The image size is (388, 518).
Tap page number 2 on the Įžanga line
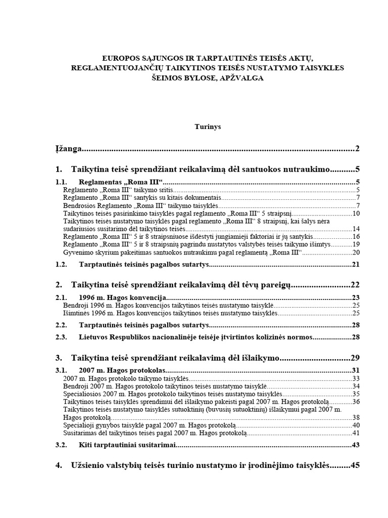click(357, 149)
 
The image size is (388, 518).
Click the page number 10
click(355, 214)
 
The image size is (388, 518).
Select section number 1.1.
click(61, 182)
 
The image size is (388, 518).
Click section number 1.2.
click(61, 265)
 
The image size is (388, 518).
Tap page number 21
click(355, 265)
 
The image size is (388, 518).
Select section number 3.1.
click(61, 370)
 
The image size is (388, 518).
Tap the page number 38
click(355, 417)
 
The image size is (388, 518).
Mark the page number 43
click(355, 445)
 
